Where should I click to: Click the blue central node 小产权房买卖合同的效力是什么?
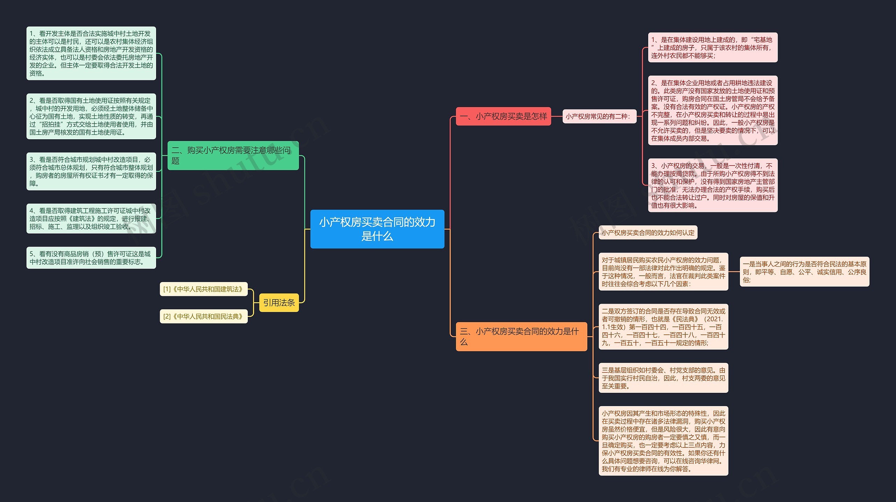(x=377, y=229)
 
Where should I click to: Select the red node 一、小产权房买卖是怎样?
(x=503, y=116)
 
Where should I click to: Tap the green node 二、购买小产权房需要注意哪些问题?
(x=233, y=155)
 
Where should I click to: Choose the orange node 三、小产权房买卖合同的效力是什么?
(x=521, y=337)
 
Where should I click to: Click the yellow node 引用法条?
(x=279, y=303)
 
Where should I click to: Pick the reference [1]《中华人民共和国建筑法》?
(x=204, y=289)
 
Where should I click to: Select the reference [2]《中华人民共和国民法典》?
(x=204, y=316)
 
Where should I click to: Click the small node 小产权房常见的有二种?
(x=599, y=116)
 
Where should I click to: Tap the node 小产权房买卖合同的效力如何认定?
(x=648, y=233)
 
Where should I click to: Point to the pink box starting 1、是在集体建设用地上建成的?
(x=713, y=48)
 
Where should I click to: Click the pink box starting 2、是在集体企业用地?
(x=713, y=111)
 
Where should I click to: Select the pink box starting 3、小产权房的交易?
(x=713, y=185)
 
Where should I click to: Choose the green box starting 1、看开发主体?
(x=91, y=53)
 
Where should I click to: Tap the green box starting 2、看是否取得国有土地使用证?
(x=91, y=116)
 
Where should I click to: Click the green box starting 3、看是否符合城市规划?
(x=91, y=171)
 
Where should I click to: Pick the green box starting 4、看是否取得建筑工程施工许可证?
(x=91, y=219)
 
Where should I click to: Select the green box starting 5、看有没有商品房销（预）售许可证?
(x=91, y=258)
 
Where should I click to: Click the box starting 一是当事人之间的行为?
(x=805, y=272)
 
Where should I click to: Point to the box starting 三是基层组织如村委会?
(x=664, y=378)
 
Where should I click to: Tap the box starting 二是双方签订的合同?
(x=664, y=327)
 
